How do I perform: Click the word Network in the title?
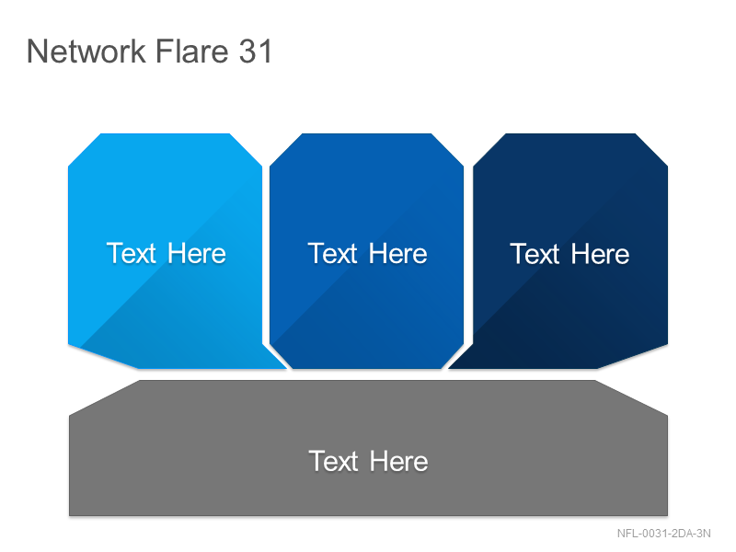pyautogui.click(x=86, y=51)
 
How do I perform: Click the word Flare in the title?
pyautogui.click(x=191, y=51)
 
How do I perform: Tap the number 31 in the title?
pyautogui.click(x=256, y=51)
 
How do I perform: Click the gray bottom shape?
pyautogui.click(x=369, y=448)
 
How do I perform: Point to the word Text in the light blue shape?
pyautogui.click(x=131, y=254)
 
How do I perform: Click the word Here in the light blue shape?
pyautogui.click(x=197, y=254)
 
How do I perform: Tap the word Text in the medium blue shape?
pyautogui.click(x=332, y=254)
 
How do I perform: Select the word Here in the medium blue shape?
pyautogui.click(x=398, y=254)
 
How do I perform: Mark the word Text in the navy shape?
pyautogui.click(x=535, y=254)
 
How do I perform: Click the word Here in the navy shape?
pyautogui.click(x=601, y=254)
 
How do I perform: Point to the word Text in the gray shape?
pyautogui.click(x=333, y=461)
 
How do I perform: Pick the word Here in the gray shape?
pyautogui.click(x=399, y=461)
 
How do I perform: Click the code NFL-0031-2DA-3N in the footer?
pyautogui.click(x=663, y=534)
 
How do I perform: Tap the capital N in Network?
pyautogui.click(x=37, y=51)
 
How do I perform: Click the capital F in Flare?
pyautogui.click(x=163, y=51)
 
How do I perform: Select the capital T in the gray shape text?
pyautogui.click(x=317, y=461)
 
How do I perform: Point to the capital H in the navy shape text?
pyautogui.click(x=581, y=254)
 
